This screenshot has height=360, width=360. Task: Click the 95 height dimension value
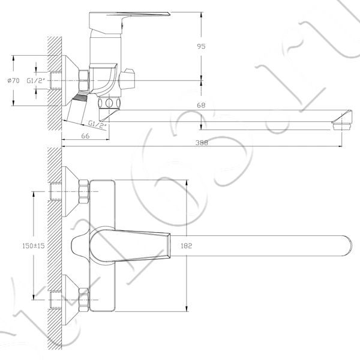[x=201, y=46]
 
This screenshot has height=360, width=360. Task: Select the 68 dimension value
[x=201, y=106]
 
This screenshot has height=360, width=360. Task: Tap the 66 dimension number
[x=85, y=136]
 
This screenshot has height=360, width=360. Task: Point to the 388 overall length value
[x=202, y=143]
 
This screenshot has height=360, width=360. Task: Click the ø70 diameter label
[x=14, y=80]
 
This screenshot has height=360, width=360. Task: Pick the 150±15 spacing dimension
[x=34, y=246]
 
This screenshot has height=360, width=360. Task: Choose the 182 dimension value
[x=186, y=246]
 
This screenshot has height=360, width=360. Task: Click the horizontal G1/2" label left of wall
[x=36, y=80]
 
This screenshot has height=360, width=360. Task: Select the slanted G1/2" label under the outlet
[x=98, y=124]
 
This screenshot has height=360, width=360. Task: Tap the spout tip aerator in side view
[x=341, y=126]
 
